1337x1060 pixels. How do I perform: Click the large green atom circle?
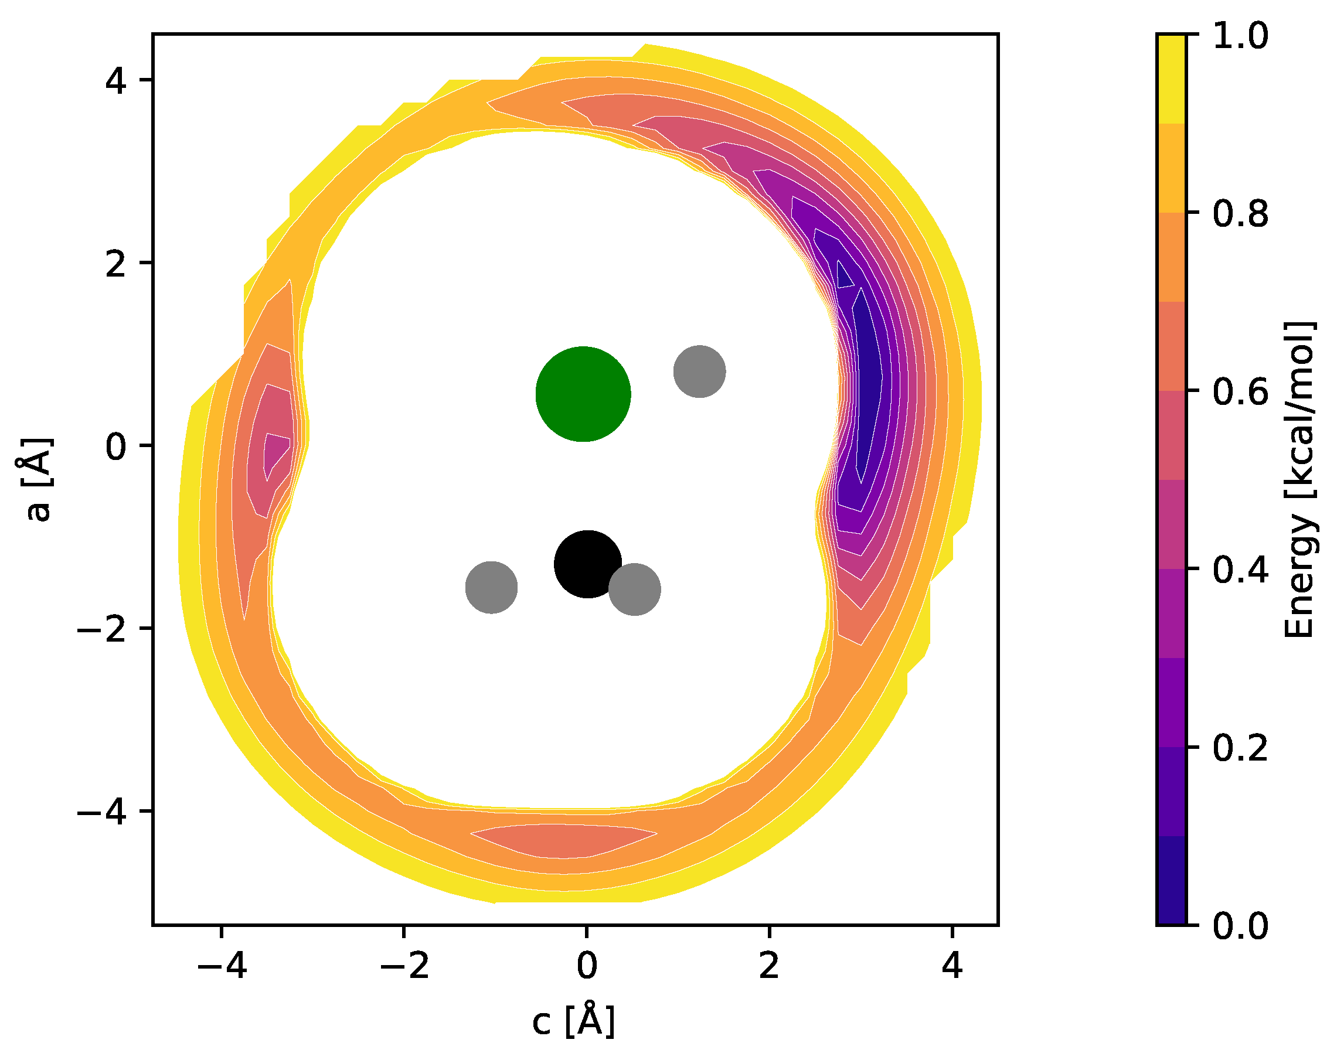click(x=583, y=394)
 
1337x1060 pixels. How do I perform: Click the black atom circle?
click(x=587, y=564)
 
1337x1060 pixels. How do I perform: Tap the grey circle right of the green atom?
click(x=699, y=371)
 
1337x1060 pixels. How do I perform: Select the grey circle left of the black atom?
click(x=491, y=588)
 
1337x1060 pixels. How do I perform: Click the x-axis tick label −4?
click(x=222, y=965)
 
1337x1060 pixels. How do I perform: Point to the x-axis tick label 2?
click(x=769, y=965)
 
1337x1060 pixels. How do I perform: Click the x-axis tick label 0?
click(x=587, y=965)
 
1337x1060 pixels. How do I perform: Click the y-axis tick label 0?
click(x=116, y=446)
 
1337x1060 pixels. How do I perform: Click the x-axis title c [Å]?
click(x=573, y=1021)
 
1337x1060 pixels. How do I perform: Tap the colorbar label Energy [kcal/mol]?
click(x=1299, y=480)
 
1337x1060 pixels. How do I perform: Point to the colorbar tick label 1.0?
click(x=1240, y=36)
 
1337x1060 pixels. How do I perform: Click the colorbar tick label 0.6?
click(x=1240, y=392)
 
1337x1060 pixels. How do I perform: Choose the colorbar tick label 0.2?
click(x=1240, y=748)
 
